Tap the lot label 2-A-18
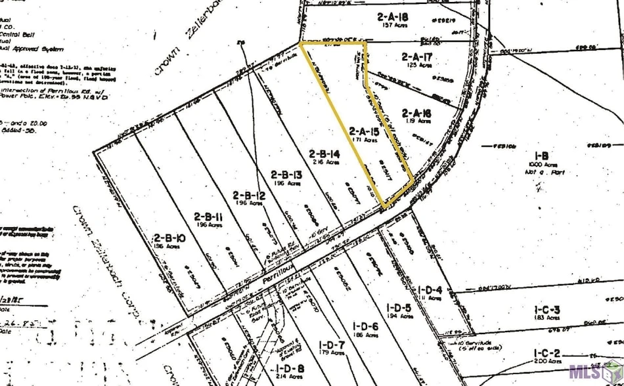pyautogui.click(x=393, y=16)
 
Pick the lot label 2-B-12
pyautogui.click(x=248, y=195)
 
